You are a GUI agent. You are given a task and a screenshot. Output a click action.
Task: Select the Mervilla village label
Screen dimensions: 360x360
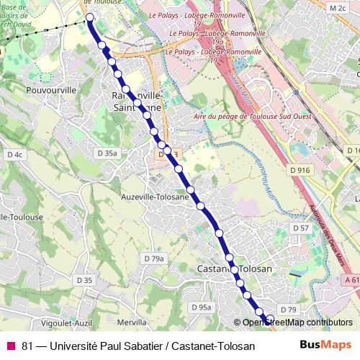[130, 323]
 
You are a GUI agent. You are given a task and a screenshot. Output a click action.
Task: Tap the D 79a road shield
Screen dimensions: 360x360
[153, 258]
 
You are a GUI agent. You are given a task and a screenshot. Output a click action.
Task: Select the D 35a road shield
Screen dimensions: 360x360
[107, 153]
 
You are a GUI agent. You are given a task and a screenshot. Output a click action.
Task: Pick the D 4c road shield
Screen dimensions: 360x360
[15, 155]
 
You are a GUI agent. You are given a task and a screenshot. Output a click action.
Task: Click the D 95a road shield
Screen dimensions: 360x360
[201, 307]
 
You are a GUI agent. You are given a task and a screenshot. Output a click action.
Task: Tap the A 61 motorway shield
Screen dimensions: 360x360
[351, 279]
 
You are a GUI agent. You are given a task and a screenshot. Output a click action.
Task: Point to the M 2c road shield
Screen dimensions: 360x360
[336, 7]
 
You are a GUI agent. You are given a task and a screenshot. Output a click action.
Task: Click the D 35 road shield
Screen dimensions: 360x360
[84, 280]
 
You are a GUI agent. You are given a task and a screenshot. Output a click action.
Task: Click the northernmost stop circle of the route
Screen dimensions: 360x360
[89, 17]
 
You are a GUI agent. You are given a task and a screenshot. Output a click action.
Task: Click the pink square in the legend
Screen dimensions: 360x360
[11, 346]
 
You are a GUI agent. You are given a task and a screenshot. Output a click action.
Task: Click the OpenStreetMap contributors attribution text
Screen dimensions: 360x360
[297, 323]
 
